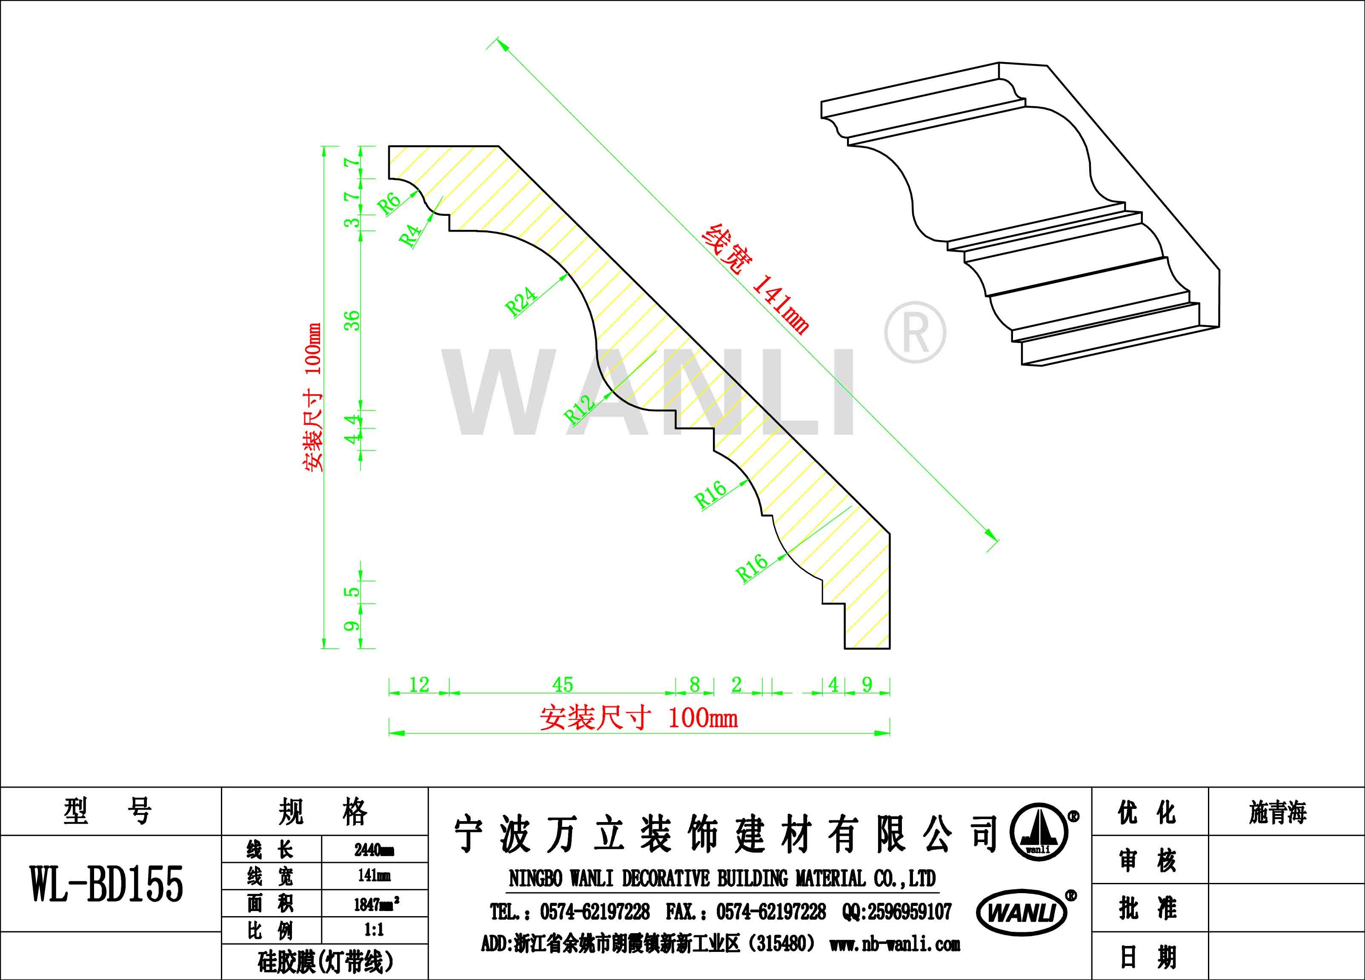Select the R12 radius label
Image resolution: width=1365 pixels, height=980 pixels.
pos(579,410)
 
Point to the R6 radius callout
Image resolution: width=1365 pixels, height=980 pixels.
pos(389,203)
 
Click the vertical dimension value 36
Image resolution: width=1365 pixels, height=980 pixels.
pos(352,320)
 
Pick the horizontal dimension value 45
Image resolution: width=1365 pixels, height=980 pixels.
pos(563,685)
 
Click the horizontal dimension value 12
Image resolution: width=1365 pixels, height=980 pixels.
pos(419,685)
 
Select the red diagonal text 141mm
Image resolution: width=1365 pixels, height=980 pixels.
pos(781,304)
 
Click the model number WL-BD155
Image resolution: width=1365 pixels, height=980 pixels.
pos(106,884)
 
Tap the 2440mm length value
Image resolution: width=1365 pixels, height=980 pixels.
pos(375,849)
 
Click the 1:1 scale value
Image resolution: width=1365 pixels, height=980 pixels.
pos(374,930)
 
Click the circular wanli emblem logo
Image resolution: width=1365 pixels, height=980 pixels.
pos(1038,831)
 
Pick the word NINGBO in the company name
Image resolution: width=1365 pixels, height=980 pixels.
pos(535,879)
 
